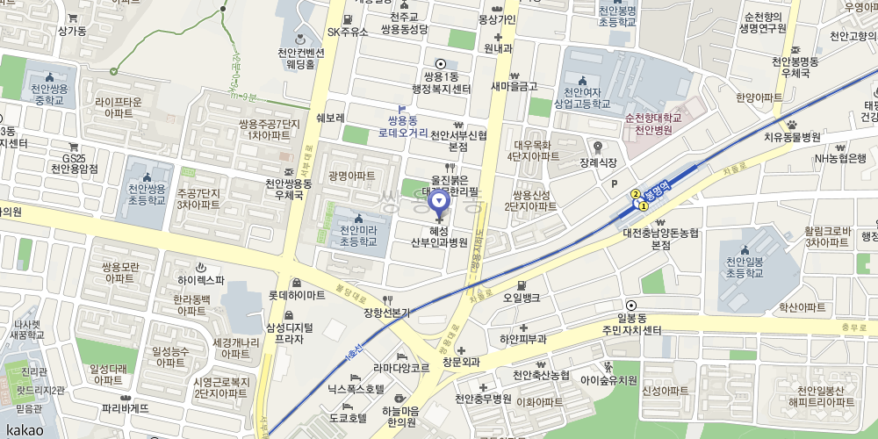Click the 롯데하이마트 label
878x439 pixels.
(x=297, y=295)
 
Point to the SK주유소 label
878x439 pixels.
(x=348, y=32)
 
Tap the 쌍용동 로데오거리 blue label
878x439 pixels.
(x=403, y=126)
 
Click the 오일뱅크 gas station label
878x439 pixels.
(x=522, y=298)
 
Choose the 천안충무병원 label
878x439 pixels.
(x=483, y=399)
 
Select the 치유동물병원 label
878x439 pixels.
(x=791, y=137)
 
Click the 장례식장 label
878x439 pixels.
(x=598, y=162)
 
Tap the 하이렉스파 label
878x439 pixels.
(x=201, y=280)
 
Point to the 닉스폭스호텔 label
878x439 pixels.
(x=356, y=387)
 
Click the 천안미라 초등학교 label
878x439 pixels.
(x=357, y=235)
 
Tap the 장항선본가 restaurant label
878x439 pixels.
(x=386, y=312)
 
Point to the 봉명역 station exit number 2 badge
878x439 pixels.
(x=635, y=193)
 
